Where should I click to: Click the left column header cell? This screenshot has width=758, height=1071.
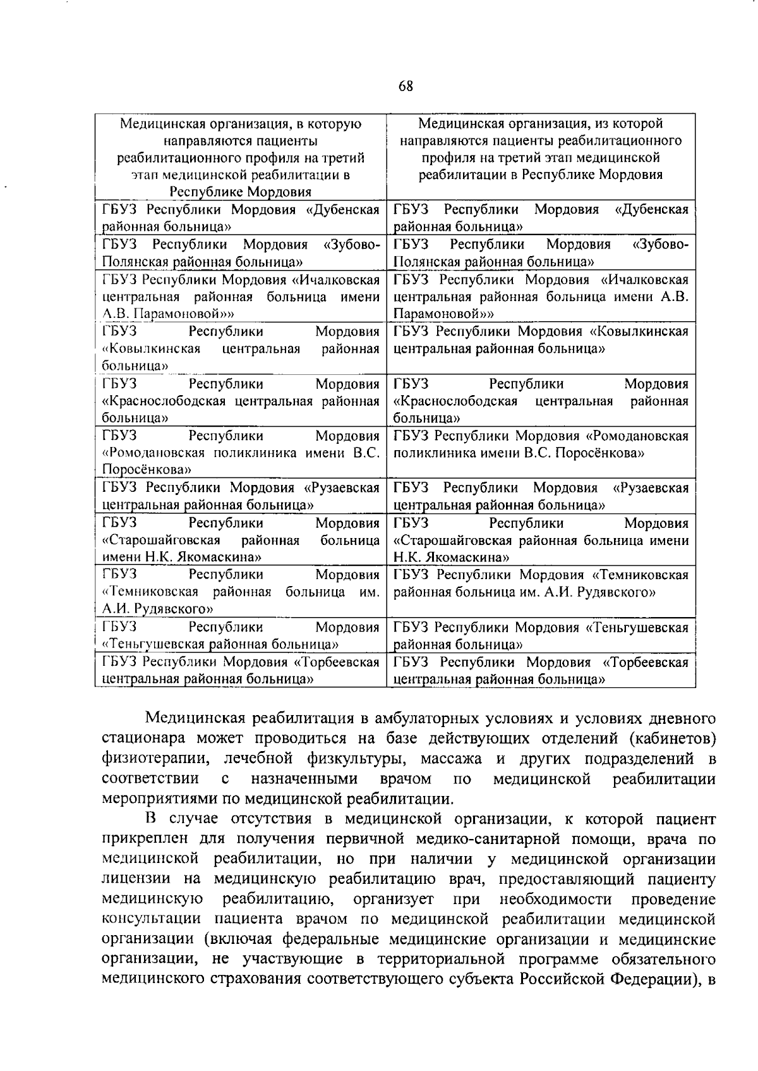click(241, 157)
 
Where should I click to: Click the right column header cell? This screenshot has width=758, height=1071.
click(541, 149)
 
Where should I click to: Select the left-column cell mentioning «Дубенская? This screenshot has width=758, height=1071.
click(241, 217)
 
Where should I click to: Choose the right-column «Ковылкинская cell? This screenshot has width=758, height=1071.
click(541, 340)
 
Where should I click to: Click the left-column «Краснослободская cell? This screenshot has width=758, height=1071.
click(241, 401)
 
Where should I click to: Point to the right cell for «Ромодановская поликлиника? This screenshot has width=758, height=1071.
click(541, 444)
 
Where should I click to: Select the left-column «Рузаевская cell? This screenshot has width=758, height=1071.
click(241, 496)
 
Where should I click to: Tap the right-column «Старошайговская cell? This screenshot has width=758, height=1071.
click(541, 540)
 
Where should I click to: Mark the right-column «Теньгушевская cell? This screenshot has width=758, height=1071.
click(541, 636)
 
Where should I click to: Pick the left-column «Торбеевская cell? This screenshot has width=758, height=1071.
click(241, 671)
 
